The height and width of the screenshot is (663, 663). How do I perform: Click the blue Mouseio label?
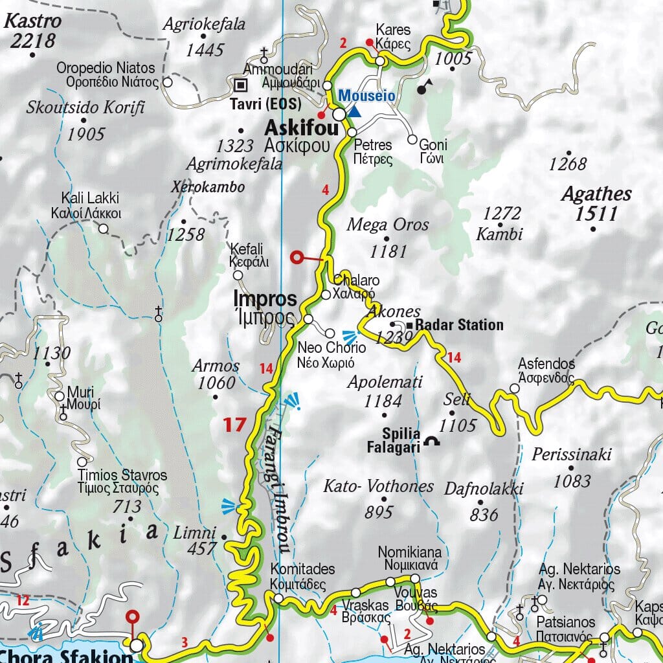click(367, 96)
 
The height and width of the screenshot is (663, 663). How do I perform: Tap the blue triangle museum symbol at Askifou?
click(354, 111)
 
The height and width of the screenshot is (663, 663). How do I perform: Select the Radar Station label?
click(458, 325)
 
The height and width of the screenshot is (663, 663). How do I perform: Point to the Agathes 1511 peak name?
click(596, 203)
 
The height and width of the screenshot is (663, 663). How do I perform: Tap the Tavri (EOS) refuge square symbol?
click(241, 84)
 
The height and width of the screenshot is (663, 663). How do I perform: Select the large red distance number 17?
click(235, 425)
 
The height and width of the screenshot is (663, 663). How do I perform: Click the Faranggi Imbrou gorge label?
click(276, 486)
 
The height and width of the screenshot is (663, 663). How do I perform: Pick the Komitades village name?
click(302, 570)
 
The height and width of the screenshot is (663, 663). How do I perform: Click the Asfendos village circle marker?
click(515, 388)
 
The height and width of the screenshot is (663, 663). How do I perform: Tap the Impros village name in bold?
click(265, 300)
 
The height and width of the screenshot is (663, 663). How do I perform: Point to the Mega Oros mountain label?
click(388, 225)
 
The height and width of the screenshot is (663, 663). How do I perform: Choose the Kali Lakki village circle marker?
click(103, 228)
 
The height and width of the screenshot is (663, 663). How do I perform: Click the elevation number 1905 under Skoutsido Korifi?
click(85, 134)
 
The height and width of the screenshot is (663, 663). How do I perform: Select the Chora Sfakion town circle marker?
click(136, 646)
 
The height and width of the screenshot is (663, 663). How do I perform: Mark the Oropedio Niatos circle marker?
click(167, 82)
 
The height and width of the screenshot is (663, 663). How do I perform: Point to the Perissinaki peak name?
click(571, 455)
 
